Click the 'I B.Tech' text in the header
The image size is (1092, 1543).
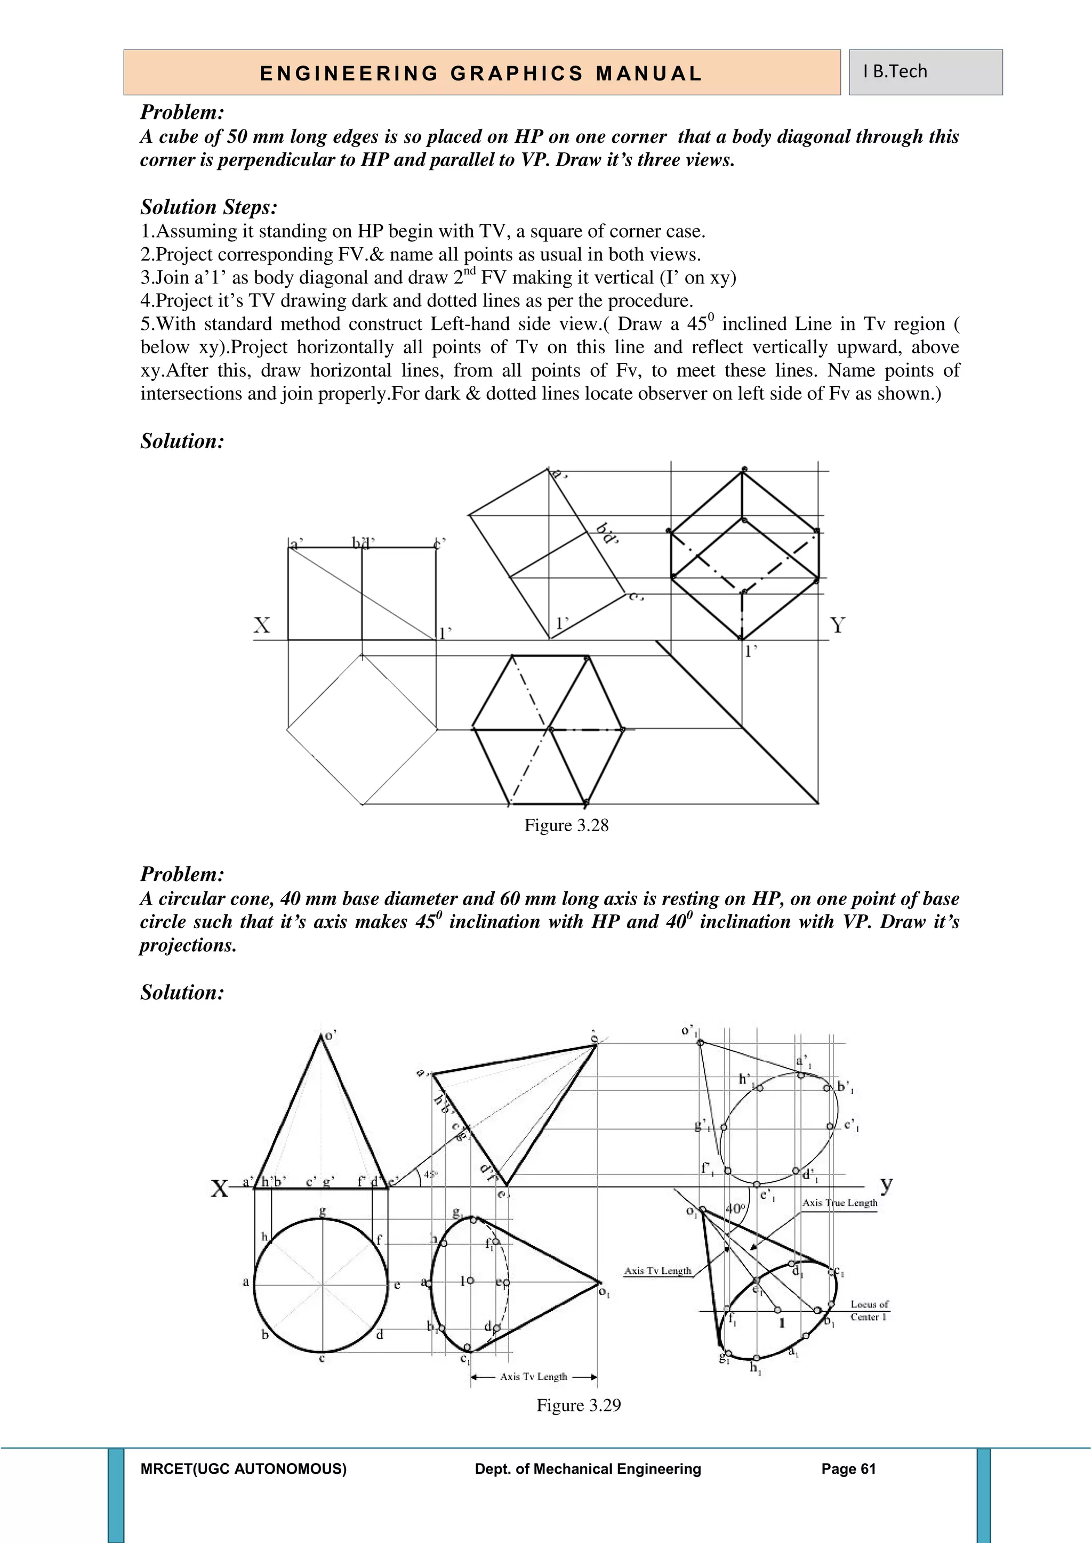895,71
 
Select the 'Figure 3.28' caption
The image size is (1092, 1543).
566,825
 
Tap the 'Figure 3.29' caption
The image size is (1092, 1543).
579,1405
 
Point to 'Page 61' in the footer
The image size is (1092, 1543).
848,1469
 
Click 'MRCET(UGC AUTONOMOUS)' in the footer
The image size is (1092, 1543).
244,1469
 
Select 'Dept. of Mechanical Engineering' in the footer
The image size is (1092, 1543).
588,1469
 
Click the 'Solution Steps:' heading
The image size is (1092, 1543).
209,207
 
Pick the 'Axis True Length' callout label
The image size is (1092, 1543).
840,1203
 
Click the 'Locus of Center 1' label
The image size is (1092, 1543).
869,1311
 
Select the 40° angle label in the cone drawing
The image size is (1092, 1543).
736,1208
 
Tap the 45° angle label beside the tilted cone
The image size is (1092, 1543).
431,1174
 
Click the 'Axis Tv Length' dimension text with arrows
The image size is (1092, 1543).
533,1376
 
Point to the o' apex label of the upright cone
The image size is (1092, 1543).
330,1036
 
